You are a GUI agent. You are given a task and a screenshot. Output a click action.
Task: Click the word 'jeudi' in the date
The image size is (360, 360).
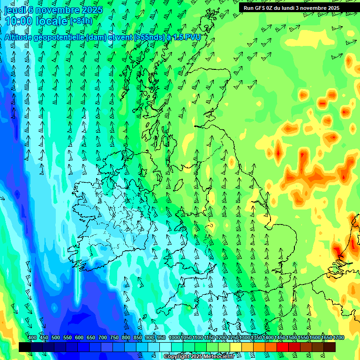[15, 10]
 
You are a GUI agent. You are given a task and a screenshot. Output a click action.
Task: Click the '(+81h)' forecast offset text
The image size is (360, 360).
[82, 21]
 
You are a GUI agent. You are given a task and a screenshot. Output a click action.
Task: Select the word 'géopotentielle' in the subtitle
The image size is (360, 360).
[58, 37]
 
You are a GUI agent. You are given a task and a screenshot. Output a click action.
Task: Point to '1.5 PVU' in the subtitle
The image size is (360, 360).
[187, 37]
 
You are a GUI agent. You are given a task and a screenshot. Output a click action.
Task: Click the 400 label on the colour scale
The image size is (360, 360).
[32, 338]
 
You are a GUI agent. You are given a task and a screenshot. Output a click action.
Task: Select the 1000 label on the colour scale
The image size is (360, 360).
[174, 338]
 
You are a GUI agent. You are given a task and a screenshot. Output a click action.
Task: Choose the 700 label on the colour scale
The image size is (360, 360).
[103, 338]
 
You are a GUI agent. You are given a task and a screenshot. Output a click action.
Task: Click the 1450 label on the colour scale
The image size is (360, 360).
[280, 338]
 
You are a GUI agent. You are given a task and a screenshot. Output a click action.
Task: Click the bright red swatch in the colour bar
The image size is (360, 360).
[283, 347]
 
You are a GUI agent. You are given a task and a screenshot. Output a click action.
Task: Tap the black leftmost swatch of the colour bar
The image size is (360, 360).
[25, 347]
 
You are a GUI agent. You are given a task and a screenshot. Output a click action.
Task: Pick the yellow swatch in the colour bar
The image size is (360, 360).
[236, 347]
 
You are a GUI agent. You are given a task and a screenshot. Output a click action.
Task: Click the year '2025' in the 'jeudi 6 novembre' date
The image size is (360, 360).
[86, 10]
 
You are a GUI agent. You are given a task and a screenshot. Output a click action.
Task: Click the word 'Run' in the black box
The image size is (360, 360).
[248, 8]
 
